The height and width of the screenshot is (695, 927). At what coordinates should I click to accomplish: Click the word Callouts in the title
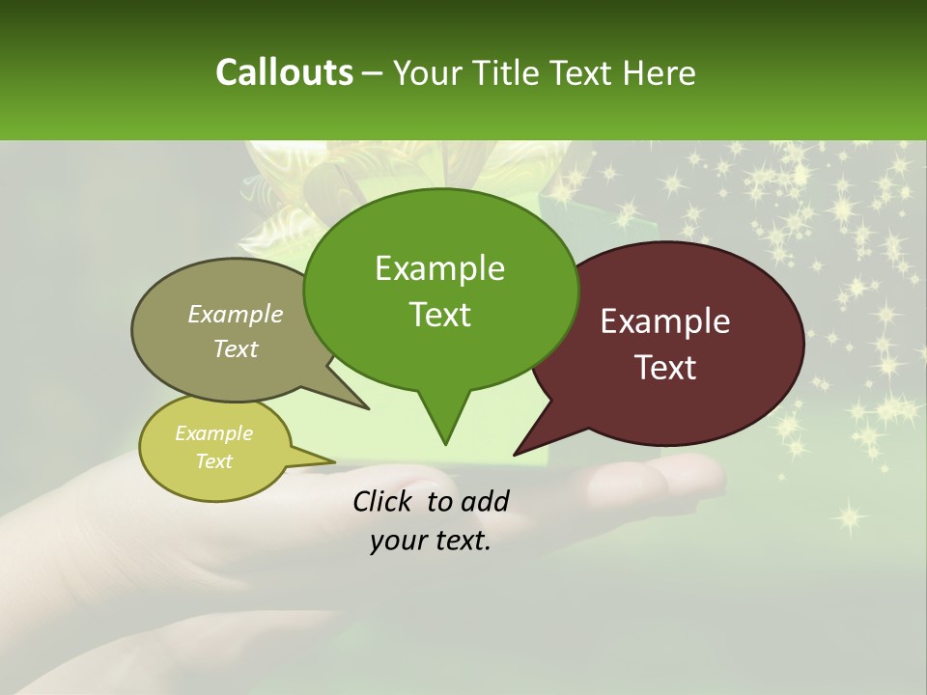(x=284, y=72)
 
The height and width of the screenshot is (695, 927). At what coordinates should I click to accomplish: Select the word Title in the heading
(x=511, y=72)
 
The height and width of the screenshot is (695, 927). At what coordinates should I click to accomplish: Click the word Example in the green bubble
(x=439, y=269)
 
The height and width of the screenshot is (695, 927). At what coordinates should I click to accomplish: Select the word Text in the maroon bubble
(x=665, y=368)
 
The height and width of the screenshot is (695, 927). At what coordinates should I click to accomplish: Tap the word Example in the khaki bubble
(x=235, y=315)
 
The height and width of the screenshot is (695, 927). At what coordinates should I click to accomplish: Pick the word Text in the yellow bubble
(x=213, y=461)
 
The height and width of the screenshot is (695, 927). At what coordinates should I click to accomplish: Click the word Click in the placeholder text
(x=381, y=501)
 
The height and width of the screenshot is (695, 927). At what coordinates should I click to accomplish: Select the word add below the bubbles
(x=484, y=501)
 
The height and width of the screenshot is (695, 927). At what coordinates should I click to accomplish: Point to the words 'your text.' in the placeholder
(x=431, y=542)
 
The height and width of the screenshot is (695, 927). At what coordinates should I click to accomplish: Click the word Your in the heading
(x=428, y=72)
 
